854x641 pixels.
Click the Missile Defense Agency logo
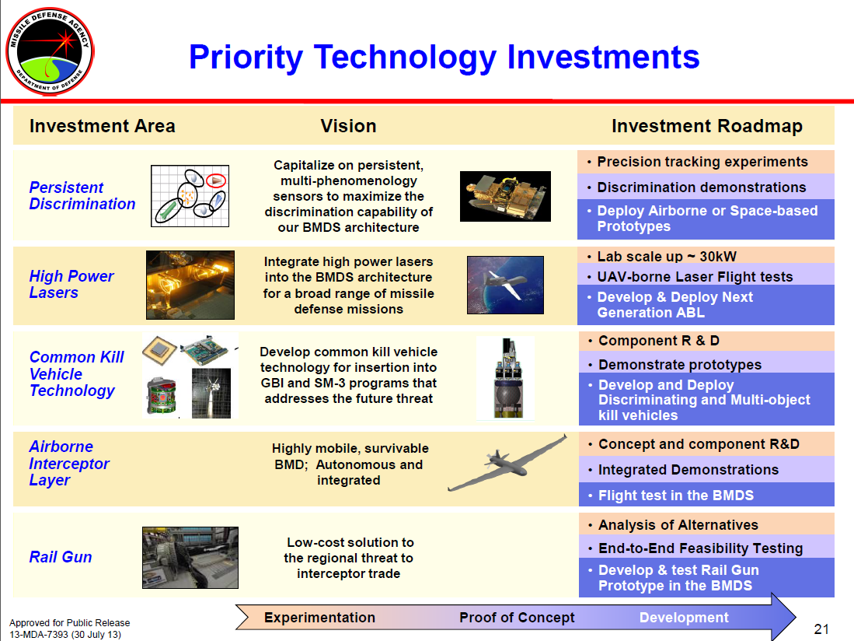click(50, 51)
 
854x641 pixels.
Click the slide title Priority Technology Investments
click(444, 58)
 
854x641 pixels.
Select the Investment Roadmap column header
click(707, 126)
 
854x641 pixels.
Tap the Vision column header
click(348, 126)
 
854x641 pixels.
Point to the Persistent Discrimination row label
click(82, 196)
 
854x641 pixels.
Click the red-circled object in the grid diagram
click(216, 180)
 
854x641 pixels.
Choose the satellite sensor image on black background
click(505, 196)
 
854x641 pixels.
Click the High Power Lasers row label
click(71, 284)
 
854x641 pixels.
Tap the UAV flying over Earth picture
click(505, 285)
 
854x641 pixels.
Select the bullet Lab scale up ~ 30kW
click(667, 256)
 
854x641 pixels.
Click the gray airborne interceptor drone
click(507, 462)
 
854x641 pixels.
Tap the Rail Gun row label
click(61, 557)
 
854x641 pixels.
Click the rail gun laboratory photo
click(190, 558)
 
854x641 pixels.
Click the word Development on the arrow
click(684, 618)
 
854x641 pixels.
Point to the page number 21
click(821, 629)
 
